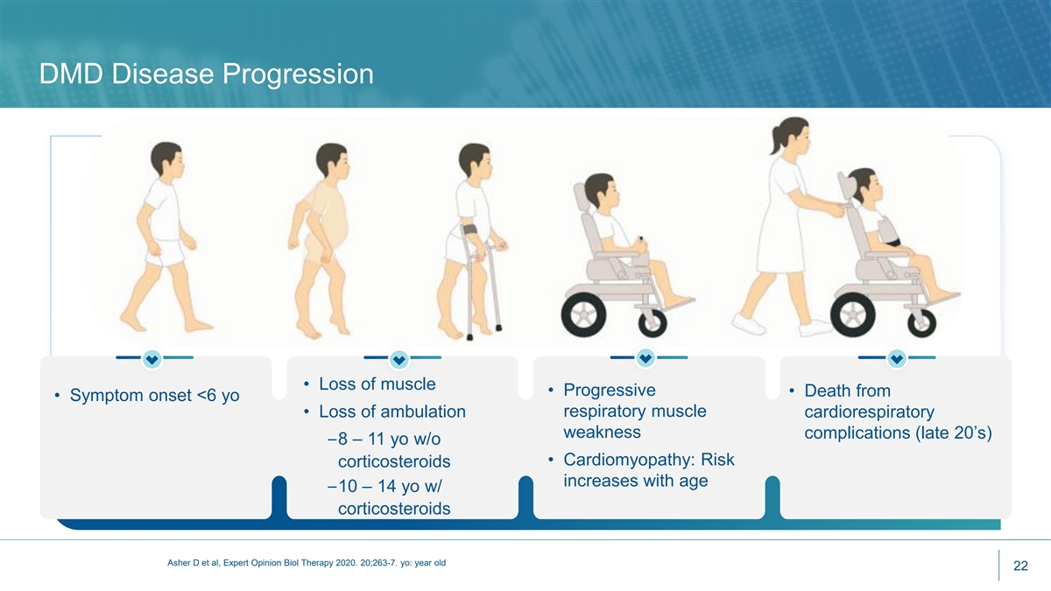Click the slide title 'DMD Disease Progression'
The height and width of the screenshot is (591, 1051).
click(x=206, y=74)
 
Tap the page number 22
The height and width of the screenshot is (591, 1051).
click(x=1020, y=566)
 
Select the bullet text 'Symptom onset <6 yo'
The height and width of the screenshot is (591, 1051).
click(x=154, y=395)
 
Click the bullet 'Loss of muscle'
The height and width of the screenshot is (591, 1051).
click(x=377, y=383)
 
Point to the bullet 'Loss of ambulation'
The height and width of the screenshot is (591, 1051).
click(x=392, y=412)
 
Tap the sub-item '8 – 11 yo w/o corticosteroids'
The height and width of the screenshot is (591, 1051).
click(x=390, y=450)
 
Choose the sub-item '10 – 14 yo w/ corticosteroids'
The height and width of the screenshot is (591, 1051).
click(x=390, y=496)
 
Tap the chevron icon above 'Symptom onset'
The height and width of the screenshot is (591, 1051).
click(x=152, y=359)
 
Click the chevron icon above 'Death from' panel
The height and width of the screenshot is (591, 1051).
click(x=897, y=359)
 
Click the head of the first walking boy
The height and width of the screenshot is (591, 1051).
click(x=166, y=159)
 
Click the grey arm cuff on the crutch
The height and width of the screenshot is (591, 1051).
click(x=470, y=230)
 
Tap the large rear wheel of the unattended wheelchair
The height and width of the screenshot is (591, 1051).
click(x=583, y=314)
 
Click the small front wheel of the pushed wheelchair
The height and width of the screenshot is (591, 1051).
click(x=921, y=323)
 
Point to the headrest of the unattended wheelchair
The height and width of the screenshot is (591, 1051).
click(x=581, y=197)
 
